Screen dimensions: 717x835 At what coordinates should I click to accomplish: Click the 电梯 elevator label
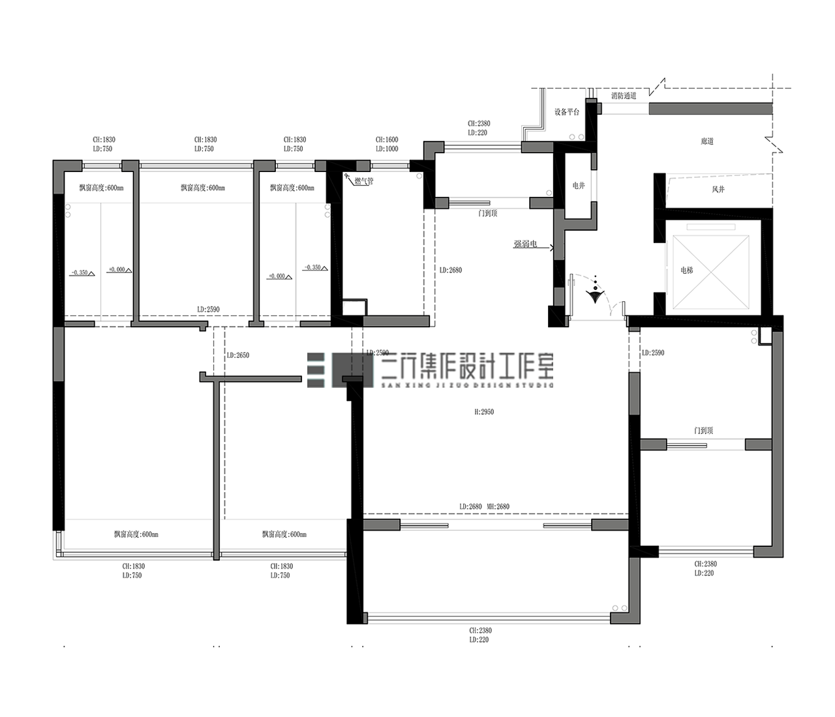[686, 270]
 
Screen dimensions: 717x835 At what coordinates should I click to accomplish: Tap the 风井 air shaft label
[718, 190]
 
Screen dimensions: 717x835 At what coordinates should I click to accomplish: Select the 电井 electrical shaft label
[579, 186]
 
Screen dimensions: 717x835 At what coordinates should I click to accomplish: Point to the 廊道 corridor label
[707, 141]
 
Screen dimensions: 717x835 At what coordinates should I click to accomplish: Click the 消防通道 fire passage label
[623, 96]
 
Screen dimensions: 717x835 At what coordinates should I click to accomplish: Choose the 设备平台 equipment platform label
[567, 112]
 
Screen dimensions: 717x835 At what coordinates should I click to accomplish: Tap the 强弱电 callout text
[525, 244]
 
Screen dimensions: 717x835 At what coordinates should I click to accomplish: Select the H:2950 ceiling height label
[484, 412]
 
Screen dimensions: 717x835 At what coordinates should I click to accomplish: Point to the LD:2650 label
[238, 355]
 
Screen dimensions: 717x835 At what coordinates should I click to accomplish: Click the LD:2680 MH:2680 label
[484, 506]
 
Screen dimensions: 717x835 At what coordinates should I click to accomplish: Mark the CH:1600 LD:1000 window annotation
[387, 144]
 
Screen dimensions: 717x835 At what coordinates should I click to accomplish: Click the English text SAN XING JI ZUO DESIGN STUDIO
[467, 385]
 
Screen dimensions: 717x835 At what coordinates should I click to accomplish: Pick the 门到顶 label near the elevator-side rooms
[703, 431]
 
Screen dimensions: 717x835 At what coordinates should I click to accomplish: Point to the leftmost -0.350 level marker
[81, 272]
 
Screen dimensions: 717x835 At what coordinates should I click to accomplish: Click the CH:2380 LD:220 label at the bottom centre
[480, 635]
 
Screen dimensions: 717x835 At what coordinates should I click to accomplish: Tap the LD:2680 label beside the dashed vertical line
[450, 270]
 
